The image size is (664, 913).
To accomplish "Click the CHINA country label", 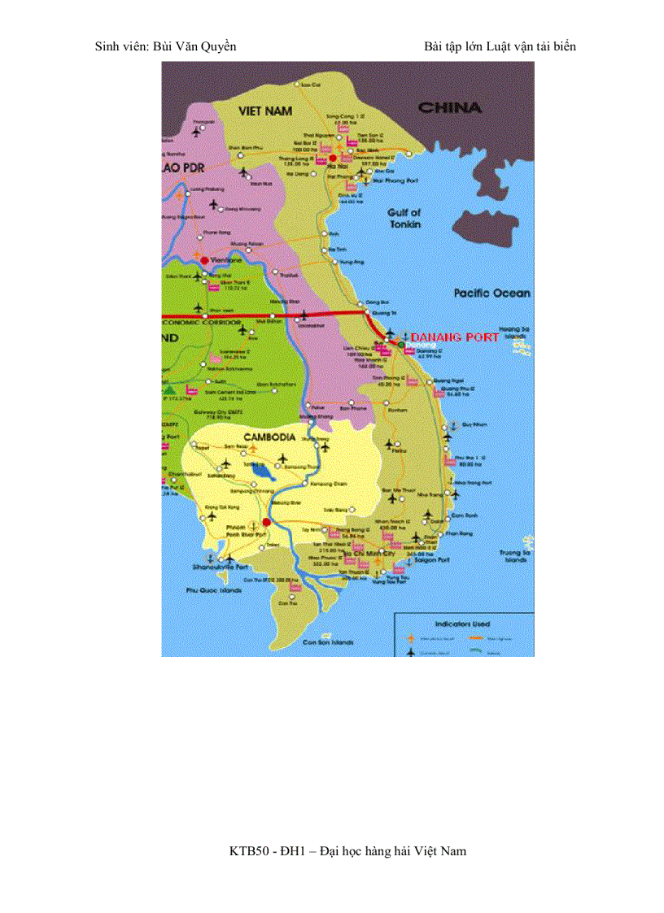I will [x=449, y=107].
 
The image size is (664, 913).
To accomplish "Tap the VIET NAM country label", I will [x=265, y=110].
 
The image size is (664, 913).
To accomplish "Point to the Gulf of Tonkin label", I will [x=404, y=218].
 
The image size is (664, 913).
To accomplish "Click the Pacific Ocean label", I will [x=491, y=293].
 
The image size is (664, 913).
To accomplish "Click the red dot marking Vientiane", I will [x=204, y=259].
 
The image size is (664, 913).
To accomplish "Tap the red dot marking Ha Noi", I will [x=332, y=159].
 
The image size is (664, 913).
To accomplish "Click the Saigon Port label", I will [x=433, y=560].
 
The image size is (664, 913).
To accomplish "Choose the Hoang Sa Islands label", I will [x=516, y=331].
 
